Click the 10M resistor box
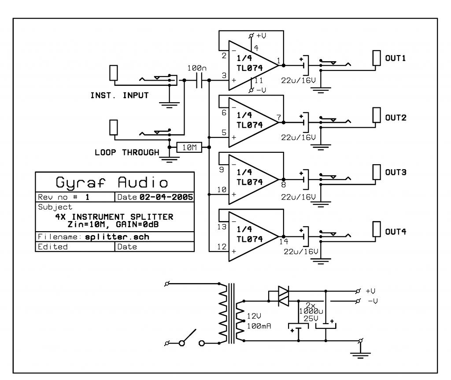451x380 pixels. (189, 148)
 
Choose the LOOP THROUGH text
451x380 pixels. (127, 152)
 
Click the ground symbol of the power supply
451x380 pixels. (361, 354)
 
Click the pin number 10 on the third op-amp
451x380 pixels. (222, 189)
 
